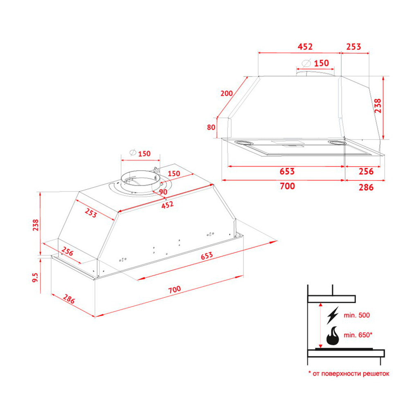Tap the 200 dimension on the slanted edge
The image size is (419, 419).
coord(226,93)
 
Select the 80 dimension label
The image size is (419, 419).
coord(211,127)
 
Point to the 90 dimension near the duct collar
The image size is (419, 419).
coord(163,192)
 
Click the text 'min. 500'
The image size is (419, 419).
coord(357,315)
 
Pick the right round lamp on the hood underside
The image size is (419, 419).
coord(338,143)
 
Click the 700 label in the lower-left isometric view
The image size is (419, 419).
coord(174,289)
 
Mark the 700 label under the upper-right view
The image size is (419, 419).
coord(287,187)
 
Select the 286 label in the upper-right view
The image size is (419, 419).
coord(366,187)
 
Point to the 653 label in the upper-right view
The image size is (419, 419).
coord(287,171)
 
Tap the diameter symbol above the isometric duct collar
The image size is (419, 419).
coord(132,153)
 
